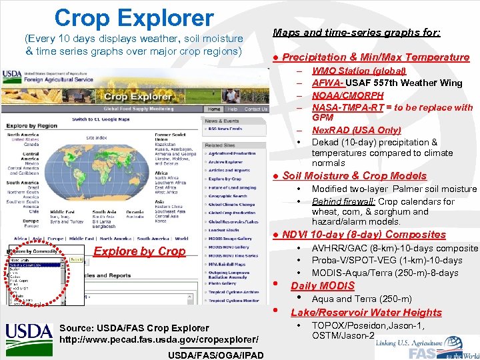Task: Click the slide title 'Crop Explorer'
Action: [x=134, y=18]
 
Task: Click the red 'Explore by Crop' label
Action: [x=140, y=251]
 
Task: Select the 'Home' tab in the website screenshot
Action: [x=213, y=109]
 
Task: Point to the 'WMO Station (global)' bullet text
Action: [x=359, y=71]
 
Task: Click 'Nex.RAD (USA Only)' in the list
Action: [x=356, y=130]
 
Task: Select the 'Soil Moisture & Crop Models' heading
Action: [x=354, y=176]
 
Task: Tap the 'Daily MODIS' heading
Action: [x=323, y=286]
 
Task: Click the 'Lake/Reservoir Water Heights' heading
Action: [x=366, y=313]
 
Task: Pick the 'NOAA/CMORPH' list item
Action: [x=347, y=95]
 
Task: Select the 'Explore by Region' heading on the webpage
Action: [x=31, y=125]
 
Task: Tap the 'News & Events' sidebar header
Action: [x=222, y=121]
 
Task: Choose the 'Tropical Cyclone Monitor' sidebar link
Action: [x=233, y=301]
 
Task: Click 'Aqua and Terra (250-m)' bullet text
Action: [x=361, y=299]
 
